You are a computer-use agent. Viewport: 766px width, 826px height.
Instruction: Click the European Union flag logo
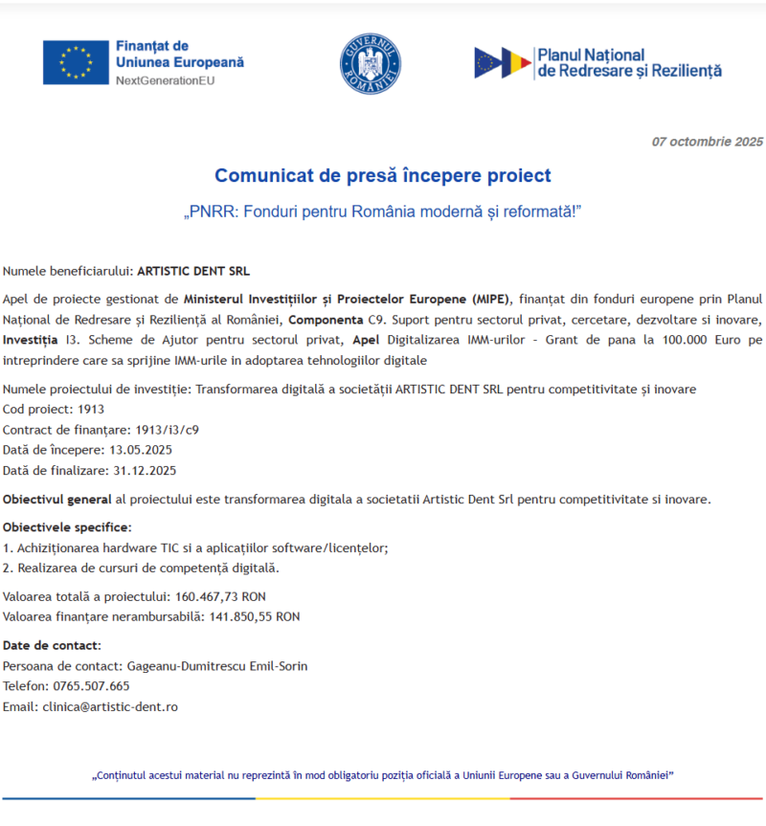click(x=75, y=62)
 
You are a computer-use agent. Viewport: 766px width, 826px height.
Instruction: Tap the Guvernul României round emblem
click(x=370, y=62)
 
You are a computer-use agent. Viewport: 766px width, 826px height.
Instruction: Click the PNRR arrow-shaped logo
click(x=502, y=63)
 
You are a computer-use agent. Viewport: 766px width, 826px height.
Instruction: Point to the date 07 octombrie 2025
click(x=708, y=142)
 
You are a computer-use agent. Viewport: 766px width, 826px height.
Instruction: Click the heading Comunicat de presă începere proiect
click(x=383, y=175)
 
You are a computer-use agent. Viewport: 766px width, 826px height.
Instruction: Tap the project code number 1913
click(x=92, y=409)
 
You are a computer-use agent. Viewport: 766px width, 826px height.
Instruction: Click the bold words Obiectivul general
click(x=56, y=500)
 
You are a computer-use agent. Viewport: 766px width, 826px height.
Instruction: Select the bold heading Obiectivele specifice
click(x=67, y=527)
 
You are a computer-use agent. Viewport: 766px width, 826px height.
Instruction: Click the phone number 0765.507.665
click(x=94, y=686)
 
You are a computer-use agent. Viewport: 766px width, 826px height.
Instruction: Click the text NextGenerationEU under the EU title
click(x=165, y=81)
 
